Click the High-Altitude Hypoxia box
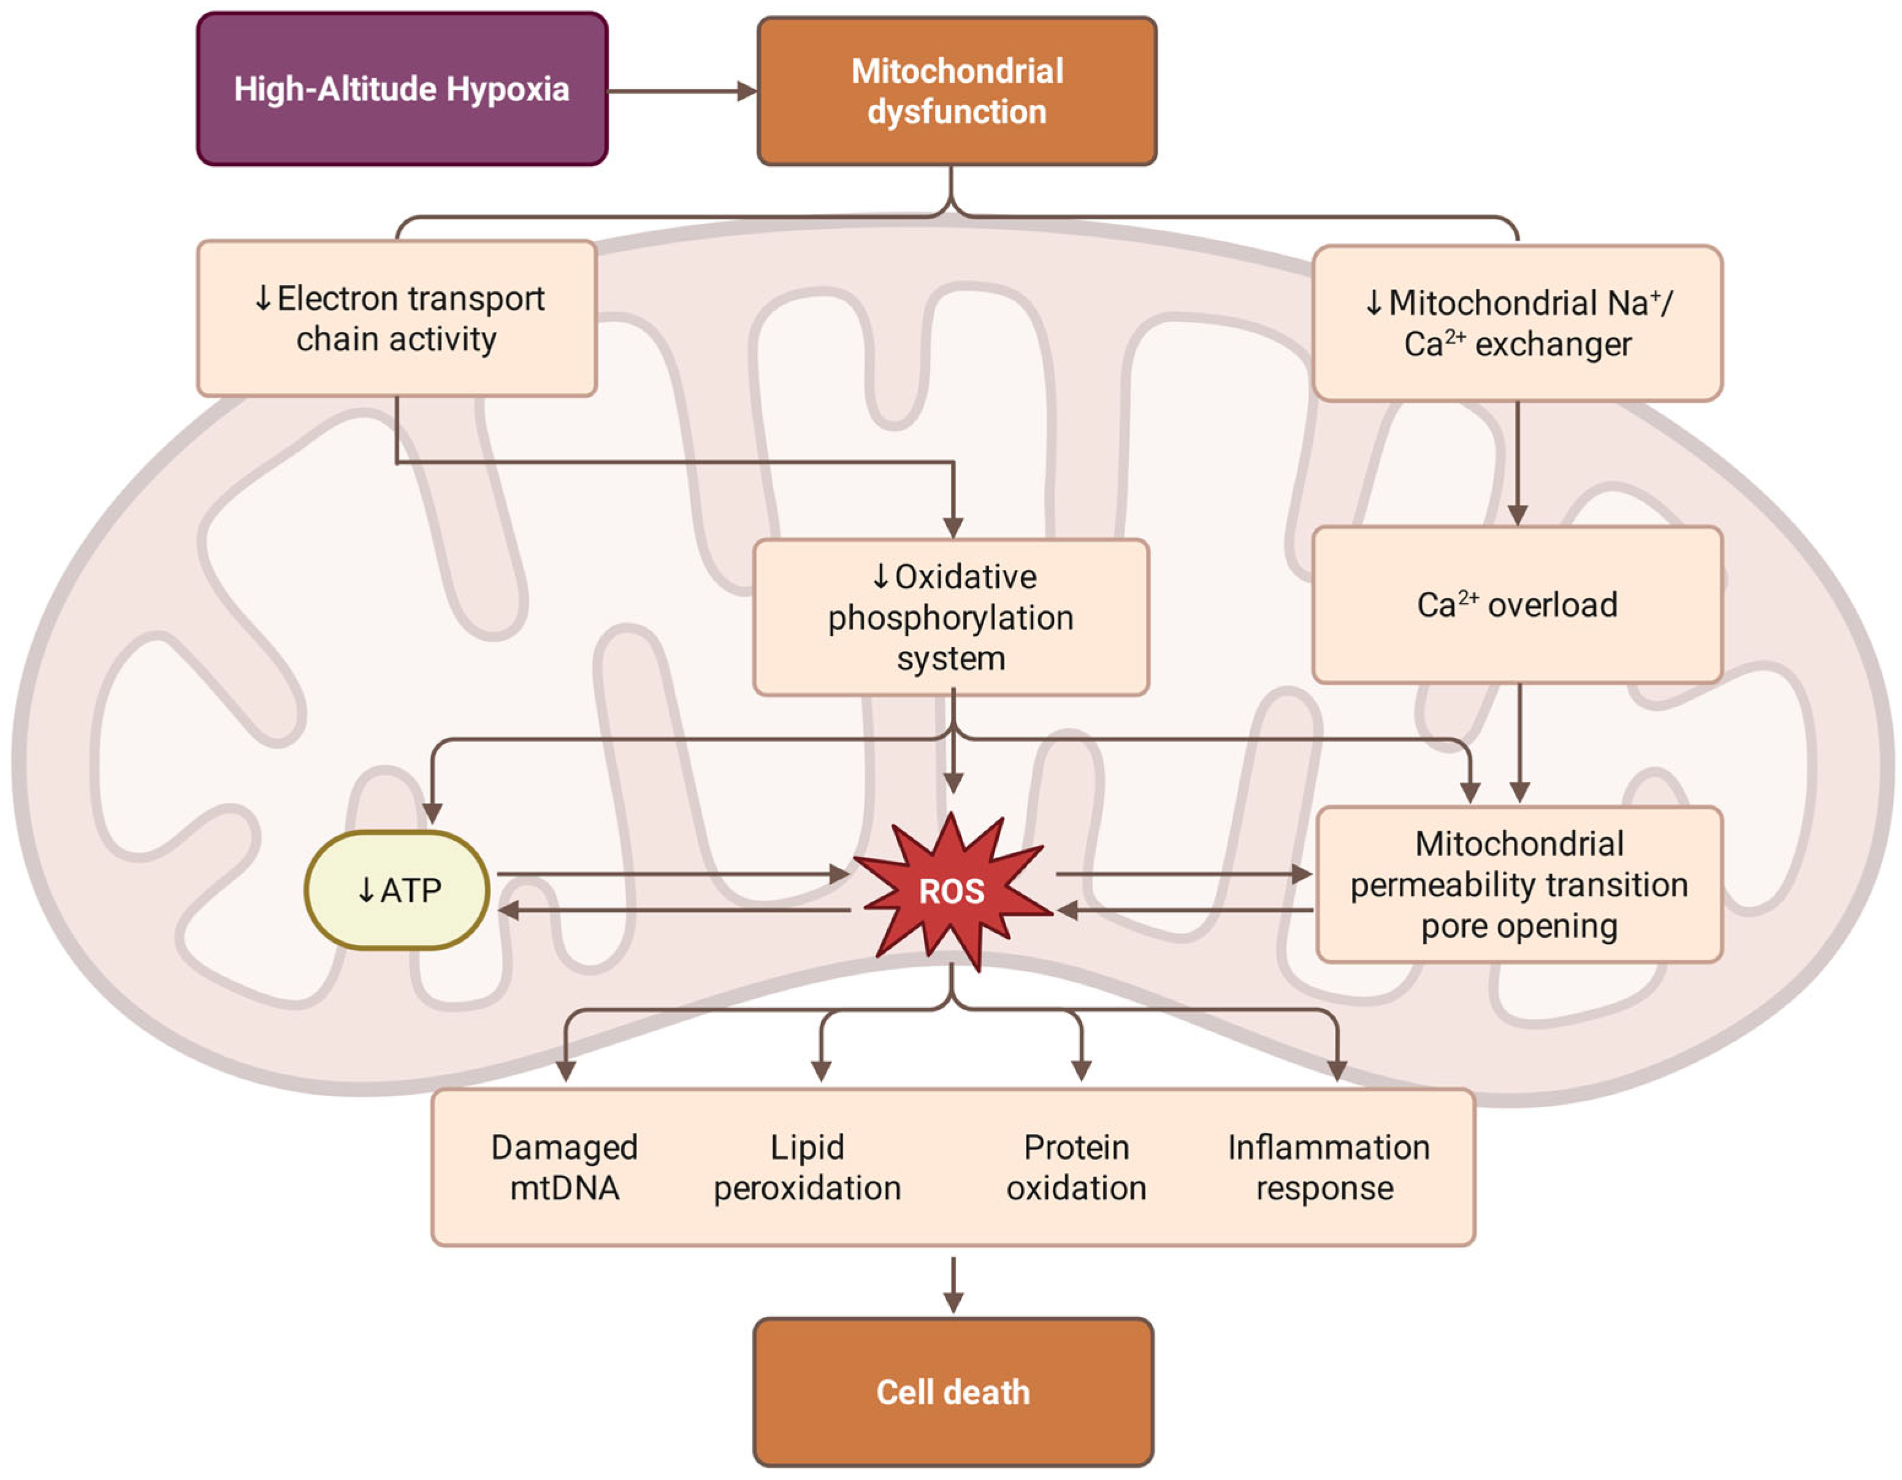click(402, 89)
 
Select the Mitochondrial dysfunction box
click(957, 91)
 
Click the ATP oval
click(397, 890)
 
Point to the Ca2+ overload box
click(1517, 605)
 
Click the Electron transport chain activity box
click(397, 319)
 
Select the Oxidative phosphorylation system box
click(950, 617)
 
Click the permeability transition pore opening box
click(1519, 884)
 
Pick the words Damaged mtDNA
click(564, 1167)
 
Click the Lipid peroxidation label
click(808, 1167)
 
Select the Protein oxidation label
click(1077, 1167)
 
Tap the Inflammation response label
click(1327, 1167)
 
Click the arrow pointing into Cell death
click(953, 1285)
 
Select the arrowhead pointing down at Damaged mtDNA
click(566, 1070)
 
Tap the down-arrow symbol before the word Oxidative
click(880, 576)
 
